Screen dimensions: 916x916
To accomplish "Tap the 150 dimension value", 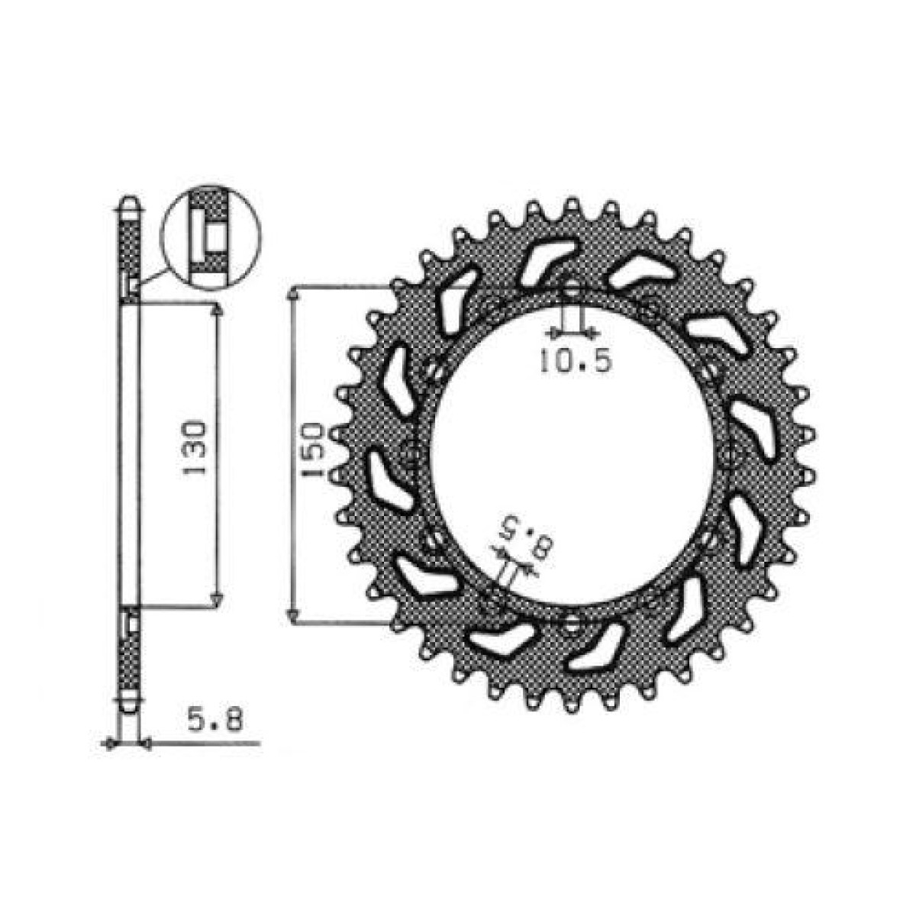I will point(315,451).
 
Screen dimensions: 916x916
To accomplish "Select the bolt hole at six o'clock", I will point(572,626).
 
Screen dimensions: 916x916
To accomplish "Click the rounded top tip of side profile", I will point(129,205).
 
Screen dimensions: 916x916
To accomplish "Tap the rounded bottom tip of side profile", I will point(129,707).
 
